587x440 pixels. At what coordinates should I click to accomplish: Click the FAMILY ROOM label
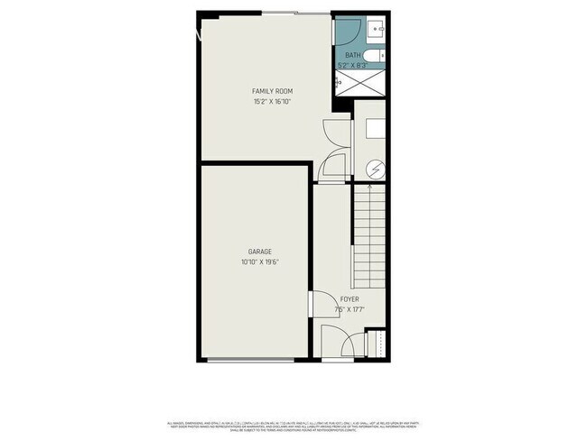pyautogui.click(x=272, y=91)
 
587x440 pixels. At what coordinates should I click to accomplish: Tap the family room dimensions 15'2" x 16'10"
pyautogui.click(x=272, y=102)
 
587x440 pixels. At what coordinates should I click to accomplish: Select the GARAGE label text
pyautogui.click(x=260, y=252)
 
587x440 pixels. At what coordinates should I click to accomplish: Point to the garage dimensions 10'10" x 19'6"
pyautogui.click(x=260, y=262)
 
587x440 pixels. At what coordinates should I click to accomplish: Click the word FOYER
pyautogui.click(x=349, y=299)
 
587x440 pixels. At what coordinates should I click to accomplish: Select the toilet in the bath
pyautogui.click(x=383, y=56)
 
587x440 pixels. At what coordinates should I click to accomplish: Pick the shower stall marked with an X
pyautogui.click(x=360, y=82)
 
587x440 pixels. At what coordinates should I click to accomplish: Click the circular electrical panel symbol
pyautogui.click(x=375, y=170)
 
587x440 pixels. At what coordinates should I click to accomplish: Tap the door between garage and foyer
pyautogui.click(x=311, y=305)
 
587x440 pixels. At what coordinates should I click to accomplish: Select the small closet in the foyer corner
pyautogui.click(x=377, y=344)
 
